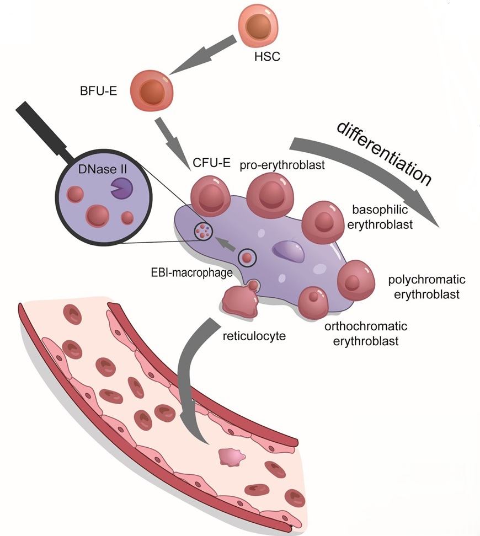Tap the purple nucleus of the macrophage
288,251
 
